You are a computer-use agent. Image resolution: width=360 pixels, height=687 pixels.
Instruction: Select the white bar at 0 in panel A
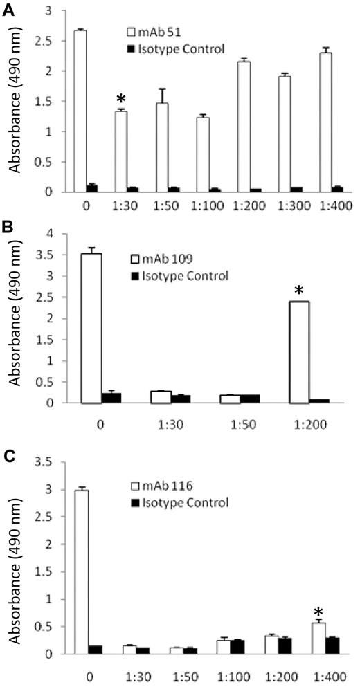point(80,111)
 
